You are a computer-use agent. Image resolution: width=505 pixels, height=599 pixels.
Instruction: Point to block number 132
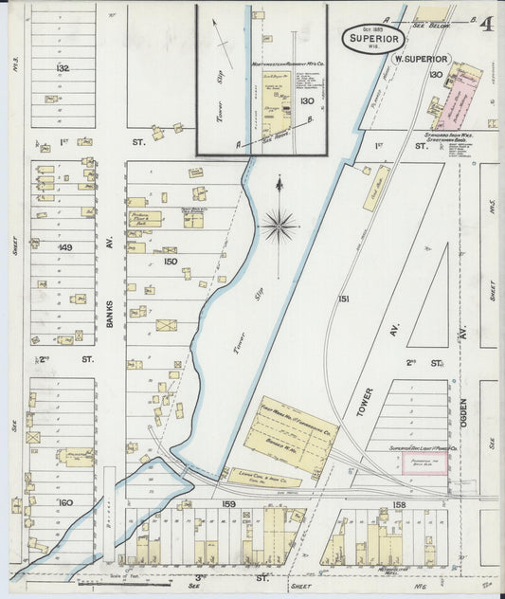pyautogui.click(x=63, y=69)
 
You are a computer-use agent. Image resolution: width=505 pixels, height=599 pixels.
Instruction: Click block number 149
pyautogui.click(x=63, y=248)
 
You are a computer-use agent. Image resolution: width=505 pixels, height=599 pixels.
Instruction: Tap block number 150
pyautogui.click(x=170, y=261)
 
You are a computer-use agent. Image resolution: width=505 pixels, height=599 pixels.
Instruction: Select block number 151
pyautogui.click(x=344, y=299)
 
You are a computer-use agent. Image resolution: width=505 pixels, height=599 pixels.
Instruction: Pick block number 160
pyautogui.click(x=64, y=501)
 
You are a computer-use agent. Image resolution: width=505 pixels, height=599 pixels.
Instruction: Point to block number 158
pyautogui.click(x=399, y=505)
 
